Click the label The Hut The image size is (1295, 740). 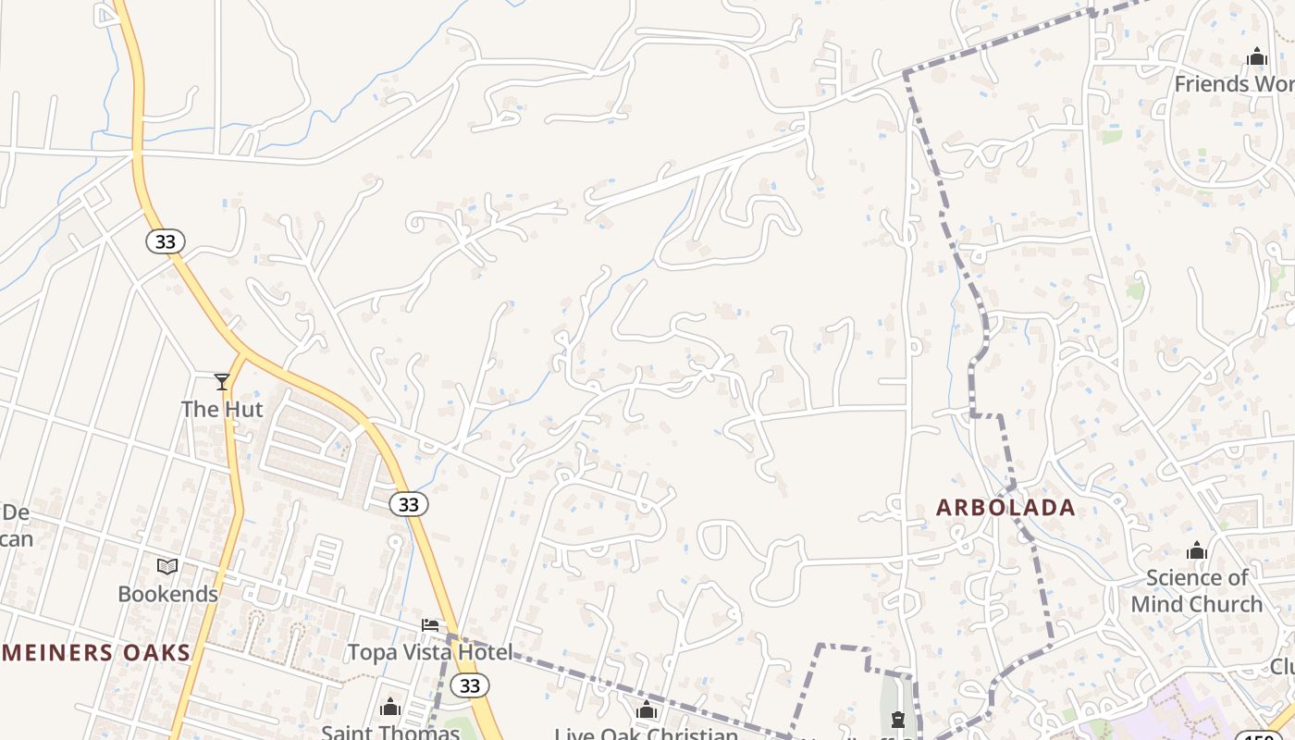(222, 409)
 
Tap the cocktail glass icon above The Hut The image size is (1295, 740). (222, 381)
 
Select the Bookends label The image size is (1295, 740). (167, 594)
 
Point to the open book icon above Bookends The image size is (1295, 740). (167, 566)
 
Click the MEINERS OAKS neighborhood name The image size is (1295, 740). (95, 653)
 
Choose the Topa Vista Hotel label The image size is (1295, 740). (429, 652)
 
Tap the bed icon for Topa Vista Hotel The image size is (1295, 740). (430, 625)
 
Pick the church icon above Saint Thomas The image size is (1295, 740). (390, 709)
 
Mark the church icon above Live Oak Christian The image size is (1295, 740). (647, 710)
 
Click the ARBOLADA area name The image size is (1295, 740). (1005, 507)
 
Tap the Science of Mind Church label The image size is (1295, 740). (1197, 591)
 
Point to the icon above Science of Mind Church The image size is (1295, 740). (1197, 551)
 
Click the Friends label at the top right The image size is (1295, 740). (1234, 84)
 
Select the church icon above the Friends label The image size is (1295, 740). (1256, 57)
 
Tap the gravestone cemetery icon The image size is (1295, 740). (897, 720)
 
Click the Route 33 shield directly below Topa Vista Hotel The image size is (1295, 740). (470, 685)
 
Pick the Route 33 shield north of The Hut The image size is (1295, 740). (165, 241)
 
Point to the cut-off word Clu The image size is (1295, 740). (1282, 666)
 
